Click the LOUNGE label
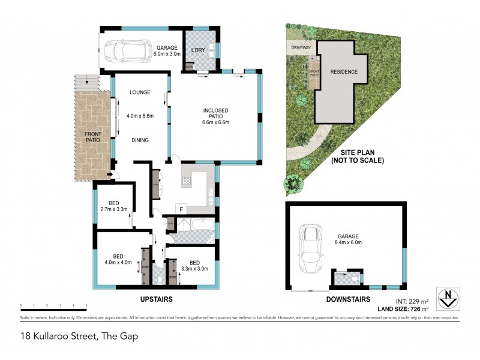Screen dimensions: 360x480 pyautogui.click(x=140, y=92)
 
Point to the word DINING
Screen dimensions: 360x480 pyautogui.click(x=140, y=140)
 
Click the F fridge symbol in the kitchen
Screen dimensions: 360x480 pyautogui.click(x=179, y=208)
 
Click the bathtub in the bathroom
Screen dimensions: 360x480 pyautogui.click(x=200, y=226)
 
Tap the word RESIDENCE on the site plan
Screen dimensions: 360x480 pyautogui.click(x=344, y=72)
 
